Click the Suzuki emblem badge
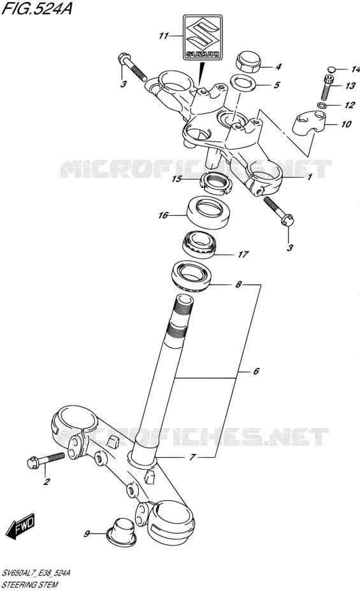[203, 38]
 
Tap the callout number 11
[164, 36]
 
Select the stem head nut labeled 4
[248, 60]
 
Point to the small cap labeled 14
[331, 69]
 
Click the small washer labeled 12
[322, 105]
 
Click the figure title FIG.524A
[37, 8]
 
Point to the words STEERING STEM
[30, 584]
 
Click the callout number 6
[256, 372]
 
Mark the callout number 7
[192, 458]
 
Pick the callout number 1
[310, 176]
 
